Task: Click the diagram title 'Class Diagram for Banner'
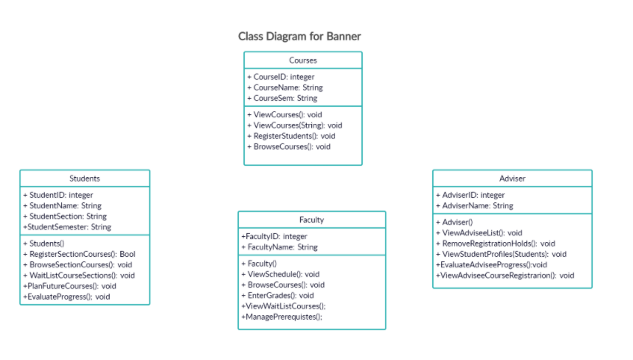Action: tap(299, 36)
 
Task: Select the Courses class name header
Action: tap(302, 60)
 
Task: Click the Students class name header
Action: tap(84, 179)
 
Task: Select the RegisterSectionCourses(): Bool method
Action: tap(79, 254)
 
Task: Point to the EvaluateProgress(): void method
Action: tap(66, 297)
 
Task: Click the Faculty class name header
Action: tap(311, 220)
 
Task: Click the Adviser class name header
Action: tap(512, 179)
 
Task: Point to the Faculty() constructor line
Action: tap(259, 264)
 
